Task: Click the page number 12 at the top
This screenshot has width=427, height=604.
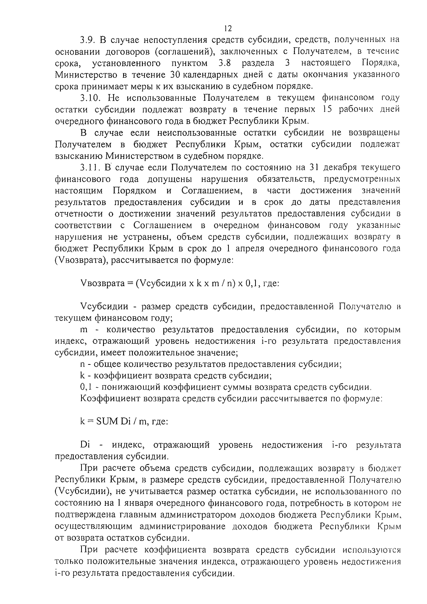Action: point(228,28)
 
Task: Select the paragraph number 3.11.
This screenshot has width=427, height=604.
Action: point(89,168)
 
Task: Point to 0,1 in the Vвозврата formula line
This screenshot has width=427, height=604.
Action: point(245,284)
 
